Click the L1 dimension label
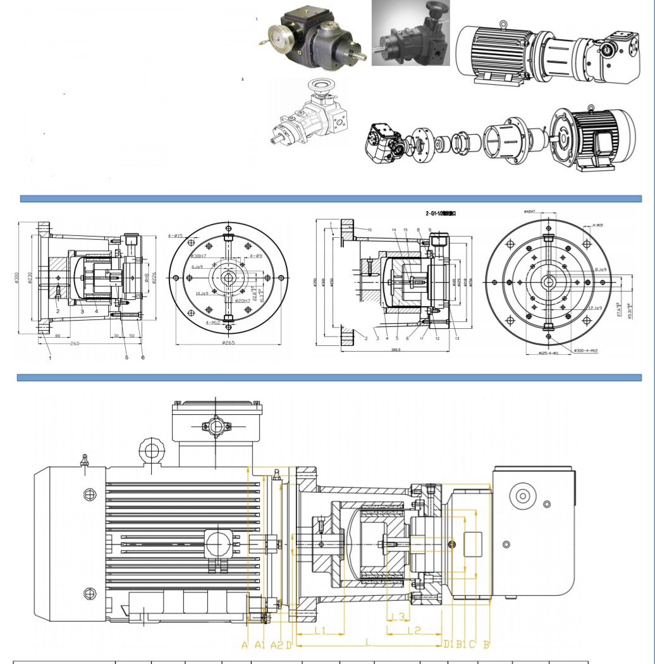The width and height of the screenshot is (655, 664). (320, 630)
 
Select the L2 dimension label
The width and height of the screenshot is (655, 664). (414, 630)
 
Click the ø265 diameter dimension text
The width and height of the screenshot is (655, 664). (229, 343)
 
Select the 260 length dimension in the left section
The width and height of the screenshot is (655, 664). (75, 343)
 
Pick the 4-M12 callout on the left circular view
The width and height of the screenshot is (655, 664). (214, 323)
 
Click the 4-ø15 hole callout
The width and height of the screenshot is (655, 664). (175, 236)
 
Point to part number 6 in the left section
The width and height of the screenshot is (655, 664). (143, 357)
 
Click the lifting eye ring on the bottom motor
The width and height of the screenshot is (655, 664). (152, 450)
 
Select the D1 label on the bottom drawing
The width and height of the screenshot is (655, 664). (448, 644)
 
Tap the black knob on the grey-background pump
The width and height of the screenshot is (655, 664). (437, 9)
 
